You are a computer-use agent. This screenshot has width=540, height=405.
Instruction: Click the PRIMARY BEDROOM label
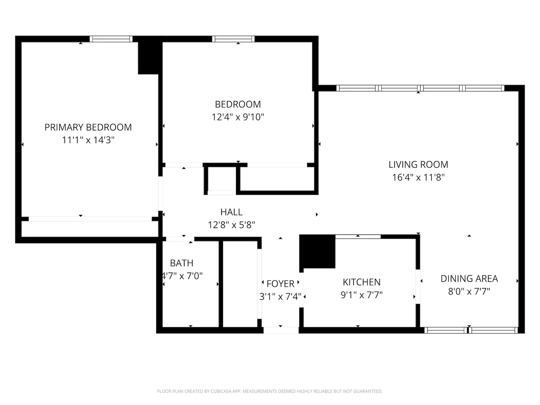point(88,127)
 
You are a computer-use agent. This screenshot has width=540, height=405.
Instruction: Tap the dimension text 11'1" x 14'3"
point(88,140)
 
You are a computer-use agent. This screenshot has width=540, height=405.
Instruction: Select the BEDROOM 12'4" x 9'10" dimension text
point(238,117)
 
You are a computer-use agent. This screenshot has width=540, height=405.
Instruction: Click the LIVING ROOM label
point(418,165)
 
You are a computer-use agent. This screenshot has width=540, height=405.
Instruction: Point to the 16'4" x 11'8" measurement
point(418,177)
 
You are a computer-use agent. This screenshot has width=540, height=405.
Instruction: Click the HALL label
point(231,212)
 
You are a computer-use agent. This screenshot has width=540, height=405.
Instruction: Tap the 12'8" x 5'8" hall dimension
point(231,225)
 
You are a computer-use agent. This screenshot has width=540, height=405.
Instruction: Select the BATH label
point(181,263)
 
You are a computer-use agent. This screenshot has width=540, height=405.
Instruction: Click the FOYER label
point(280,284)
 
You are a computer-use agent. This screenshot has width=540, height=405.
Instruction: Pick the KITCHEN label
point(361,282)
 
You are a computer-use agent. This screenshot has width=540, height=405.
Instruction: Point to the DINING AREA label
point(469,279)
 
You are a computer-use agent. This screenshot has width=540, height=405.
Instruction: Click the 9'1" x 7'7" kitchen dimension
point(361,295)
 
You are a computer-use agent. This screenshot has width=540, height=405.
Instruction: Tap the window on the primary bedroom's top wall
point(111,39)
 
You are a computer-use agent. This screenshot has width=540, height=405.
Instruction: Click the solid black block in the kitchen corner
point(317,251)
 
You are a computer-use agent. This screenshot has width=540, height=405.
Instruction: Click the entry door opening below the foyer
point(281,330)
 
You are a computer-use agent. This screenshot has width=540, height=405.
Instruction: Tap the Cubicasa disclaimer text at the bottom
point(270,391)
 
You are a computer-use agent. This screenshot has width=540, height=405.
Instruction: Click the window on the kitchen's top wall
point(358,237)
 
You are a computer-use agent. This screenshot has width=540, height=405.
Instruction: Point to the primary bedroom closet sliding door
point(90,219)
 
